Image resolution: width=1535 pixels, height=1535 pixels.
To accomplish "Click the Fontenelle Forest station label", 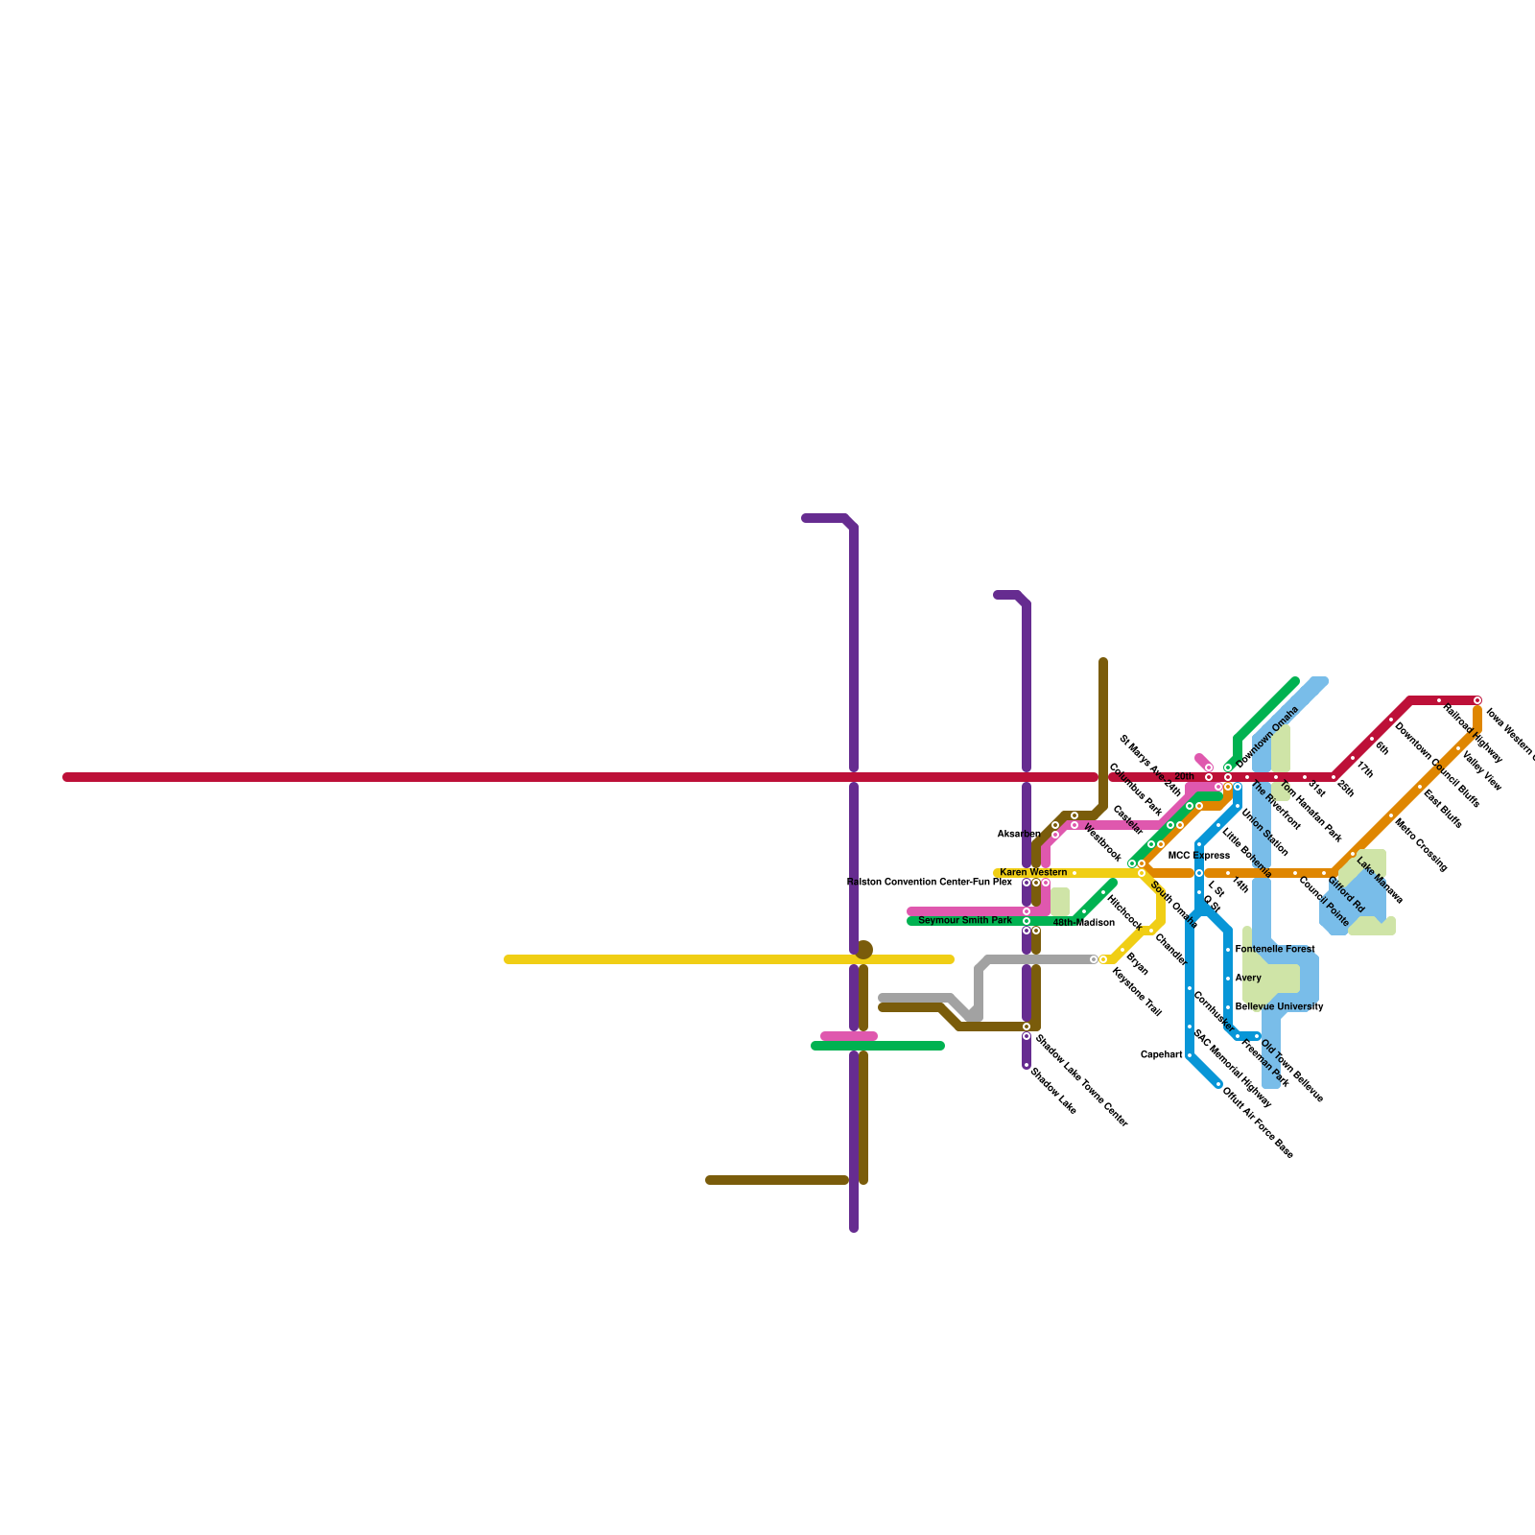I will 1274,950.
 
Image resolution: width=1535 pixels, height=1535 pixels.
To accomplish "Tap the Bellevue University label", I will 1279,1007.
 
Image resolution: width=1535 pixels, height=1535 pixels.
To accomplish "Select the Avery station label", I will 1248,979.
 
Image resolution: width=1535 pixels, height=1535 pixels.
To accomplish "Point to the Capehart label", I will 1161,1055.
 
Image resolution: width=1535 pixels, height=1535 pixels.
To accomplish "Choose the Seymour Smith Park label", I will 964,921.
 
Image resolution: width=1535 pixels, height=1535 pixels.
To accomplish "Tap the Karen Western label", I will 1033,873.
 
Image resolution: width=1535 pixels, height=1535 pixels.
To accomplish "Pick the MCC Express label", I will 1198,856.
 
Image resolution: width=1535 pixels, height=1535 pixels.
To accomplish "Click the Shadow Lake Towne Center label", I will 1080,1081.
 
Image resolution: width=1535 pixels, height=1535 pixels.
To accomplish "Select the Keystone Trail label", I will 1137,992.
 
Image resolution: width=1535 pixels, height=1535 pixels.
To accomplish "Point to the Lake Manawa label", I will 1381,883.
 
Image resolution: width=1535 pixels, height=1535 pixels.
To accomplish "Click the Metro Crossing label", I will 1421,844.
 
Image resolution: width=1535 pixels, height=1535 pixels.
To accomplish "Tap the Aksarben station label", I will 1018,835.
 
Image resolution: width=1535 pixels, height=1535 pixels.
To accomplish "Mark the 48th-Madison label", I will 1084,923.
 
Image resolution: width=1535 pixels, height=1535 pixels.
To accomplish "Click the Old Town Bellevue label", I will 1291,1071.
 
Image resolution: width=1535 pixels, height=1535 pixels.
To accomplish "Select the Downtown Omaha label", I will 1267,737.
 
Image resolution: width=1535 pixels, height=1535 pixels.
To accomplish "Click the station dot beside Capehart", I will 1190,1055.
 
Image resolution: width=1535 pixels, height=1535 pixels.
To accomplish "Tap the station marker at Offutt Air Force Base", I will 1218,1084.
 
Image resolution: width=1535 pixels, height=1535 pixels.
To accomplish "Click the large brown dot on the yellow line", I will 864,950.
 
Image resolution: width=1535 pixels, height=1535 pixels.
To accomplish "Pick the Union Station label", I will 1264,833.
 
